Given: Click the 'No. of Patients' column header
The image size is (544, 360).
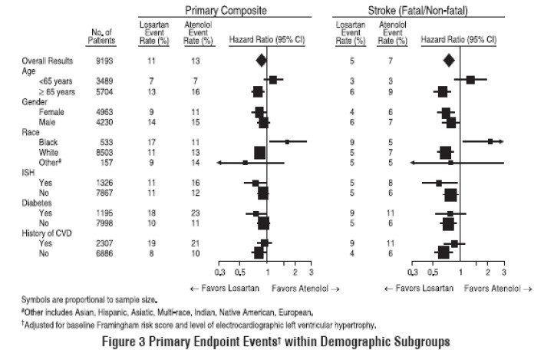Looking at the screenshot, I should [101, 36].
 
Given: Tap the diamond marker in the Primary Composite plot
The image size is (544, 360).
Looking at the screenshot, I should [261, 59].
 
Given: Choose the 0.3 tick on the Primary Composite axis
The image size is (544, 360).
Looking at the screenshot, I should [219, 272].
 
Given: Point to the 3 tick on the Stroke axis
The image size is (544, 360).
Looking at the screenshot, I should [504, 272].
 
